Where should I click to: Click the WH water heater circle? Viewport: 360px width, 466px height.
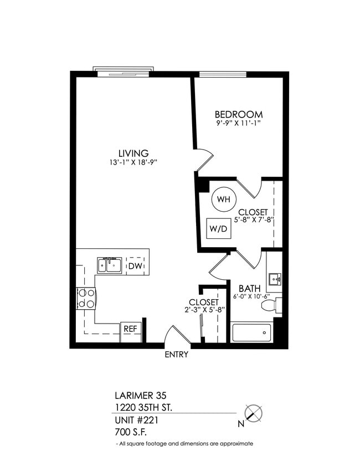click(x=223, y=199)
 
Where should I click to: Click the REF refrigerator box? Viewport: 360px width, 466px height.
click(x=130, y=329)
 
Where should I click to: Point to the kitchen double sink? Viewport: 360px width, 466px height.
click(x=110, y=266)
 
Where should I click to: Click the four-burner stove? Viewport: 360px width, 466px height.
click(x=86, y=298)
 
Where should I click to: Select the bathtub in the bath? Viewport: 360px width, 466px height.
click(x=251, y=332)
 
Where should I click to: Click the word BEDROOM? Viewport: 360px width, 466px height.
click(x=239, y=114)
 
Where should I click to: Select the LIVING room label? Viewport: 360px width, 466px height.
click(x=133, y=153)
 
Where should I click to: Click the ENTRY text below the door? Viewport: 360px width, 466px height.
click(x=176, y=355)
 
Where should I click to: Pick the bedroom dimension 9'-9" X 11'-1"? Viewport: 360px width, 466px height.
click(x=238, y=124)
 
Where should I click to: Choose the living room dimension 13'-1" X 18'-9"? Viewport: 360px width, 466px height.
click(x=133, y=162)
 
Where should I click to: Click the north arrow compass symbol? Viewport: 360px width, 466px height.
click(x=253, y=413)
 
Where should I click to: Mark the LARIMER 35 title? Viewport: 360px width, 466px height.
click(x=137, y=396)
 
